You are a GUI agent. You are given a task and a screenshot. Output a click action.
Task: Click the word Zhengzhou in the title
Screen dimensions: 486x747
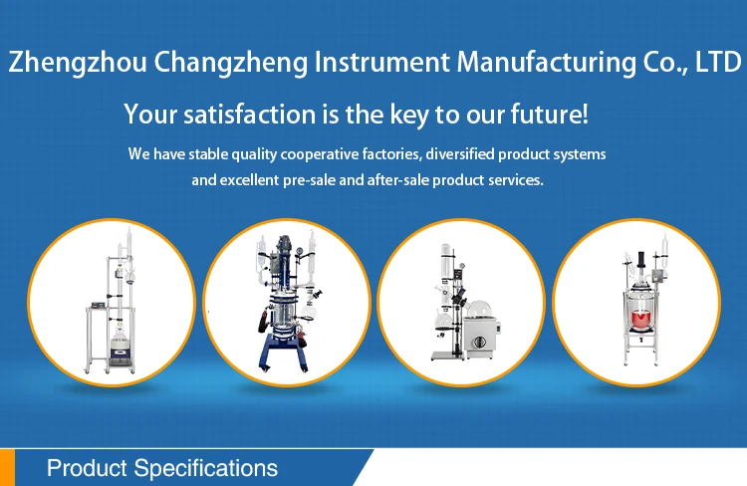[77, 64]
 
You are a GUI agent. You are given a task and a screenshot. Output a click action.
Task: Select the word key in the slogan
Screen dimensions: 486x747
[410, 115]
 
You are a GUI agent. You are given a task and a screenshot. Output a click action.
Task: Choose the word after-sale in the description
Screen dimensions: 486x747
[398, 181]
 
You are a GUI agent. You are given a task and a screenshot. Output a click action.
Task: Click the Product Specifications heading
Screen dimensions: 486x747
[162, 468]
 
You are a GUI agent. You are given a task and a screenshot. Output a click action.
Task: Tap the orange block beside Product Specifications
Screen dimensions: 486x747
[8, 468]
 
